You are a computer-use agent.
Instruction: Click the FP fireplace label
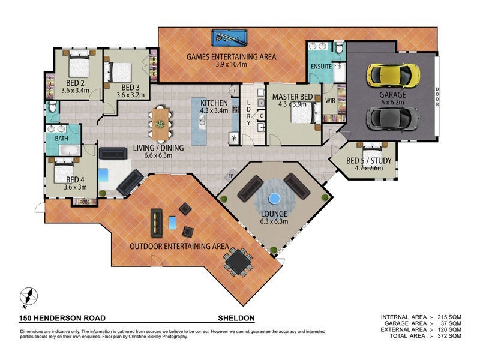pyautogui.click(x=230, y=176)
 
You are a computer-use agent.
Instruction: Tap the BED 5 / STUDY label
pyautogui.click(x=370, y=160)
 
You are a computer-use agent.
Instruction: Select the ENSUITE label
pyautogui.click(x=321, y=67)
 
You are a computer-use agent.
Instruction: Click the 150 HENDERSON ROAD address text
pyautogui.click(x=56, y=318)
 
